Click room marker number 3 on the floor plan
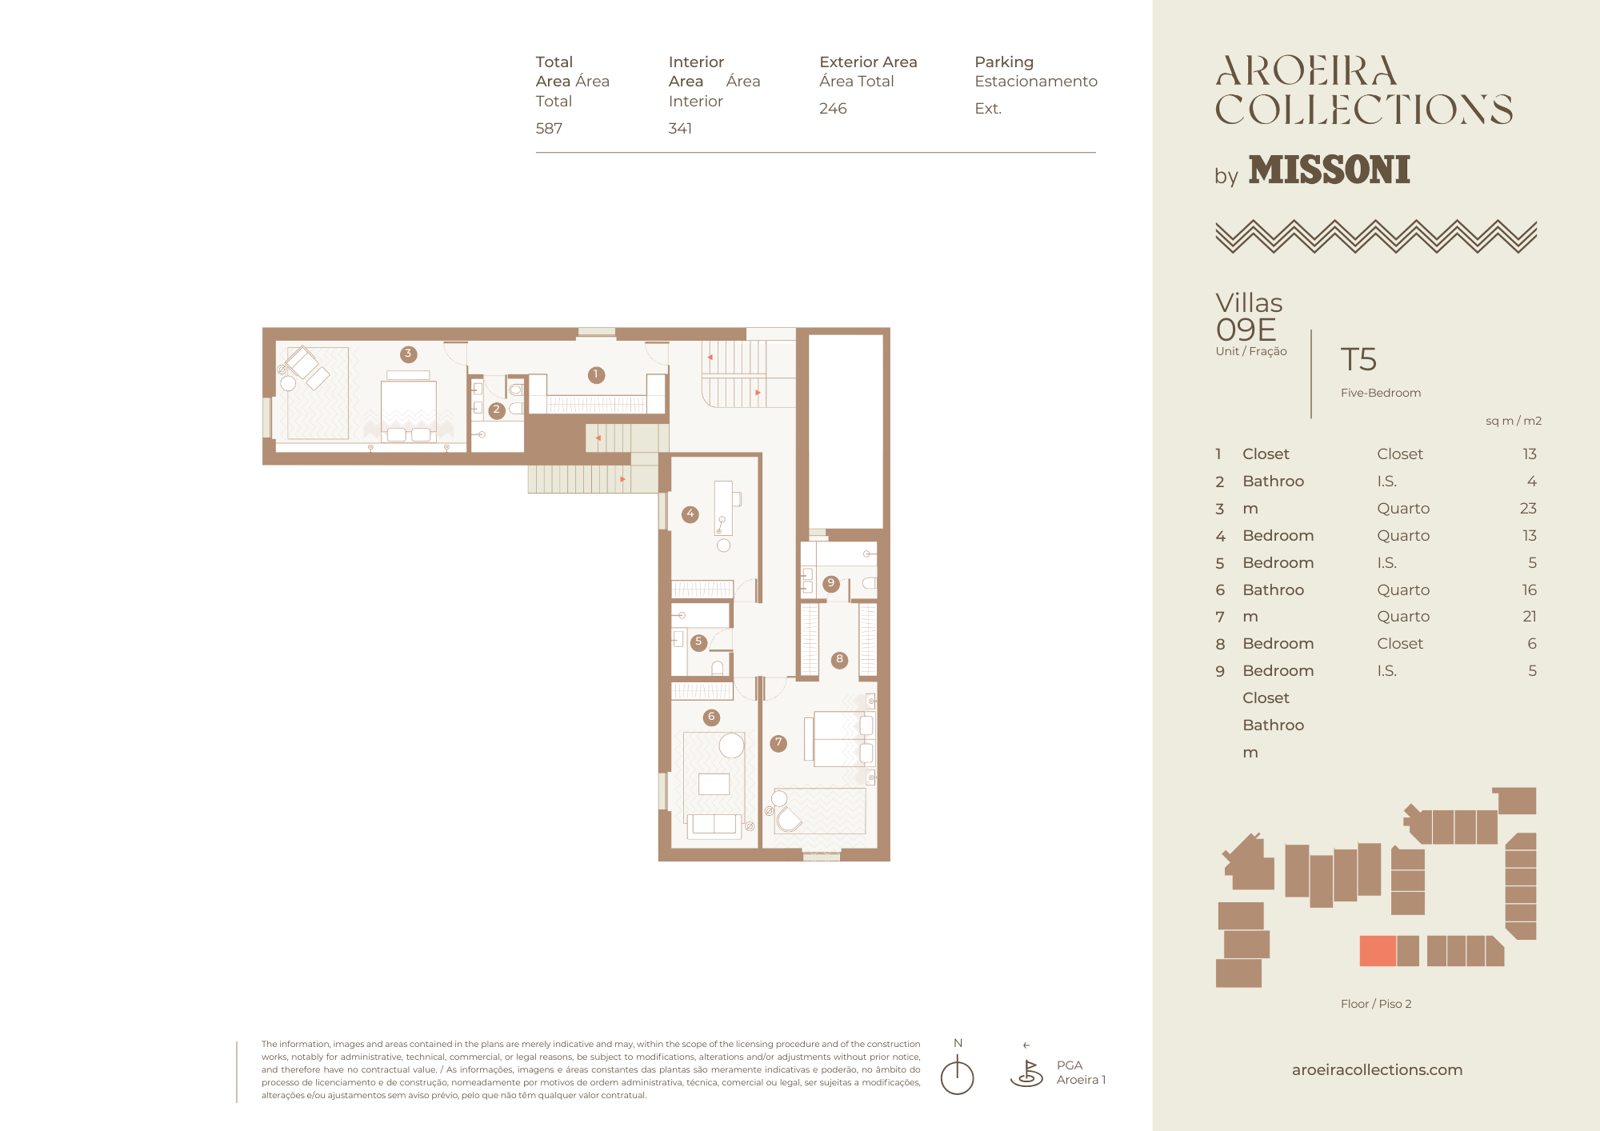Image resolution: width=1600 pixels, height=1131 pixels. point(408,354)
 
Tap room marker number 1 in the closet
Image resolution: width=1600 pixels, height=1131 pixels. point(596,374)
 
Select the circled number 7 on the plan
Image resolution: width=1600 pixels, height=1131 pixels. point(778,743)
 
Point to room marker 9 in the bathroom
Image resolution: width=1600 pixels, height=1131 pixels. point(831,583)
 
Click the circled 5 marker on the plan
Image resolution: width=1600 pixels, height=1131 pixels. point(698,642)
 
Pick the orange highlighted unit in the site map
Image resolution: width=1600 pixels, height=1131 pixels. point(1378,951)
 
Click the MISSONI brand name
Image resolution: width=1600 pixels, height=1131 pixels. point(1329,170)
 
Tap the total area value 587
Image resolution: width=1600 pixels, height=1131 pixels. point(549,128)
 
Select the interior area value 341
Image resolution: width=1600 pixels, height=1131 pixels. point(680,128)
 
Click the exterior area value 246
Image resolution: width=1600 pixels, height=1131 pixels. point(833,108)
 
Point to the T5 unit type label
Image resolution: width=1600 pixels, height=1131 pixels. point(1358,359)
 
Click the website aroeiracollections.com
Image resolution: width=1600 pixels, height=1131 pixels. point(1377,1069)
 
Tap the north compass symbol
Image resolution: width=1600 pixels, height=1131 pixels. point(957,1074)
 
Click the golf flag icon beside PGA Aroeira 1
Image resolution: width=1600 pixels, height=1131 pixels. point(1027,1073)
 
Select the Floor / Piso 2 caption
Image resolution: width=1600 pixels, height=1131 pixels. point(1376,1004)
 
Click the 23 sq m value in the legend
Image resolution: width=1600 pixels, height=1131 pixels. point(1528,508)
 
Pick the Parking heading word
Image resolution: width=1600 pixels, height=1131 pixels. point(1004,62)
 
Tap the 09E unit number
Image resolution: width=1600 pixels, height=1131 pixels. point(1246,330)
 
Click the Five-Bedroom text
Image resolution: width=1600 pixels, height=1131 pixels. point(1381,393)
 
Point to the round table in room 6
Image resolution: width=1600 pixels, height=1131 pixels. point(731,745)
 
